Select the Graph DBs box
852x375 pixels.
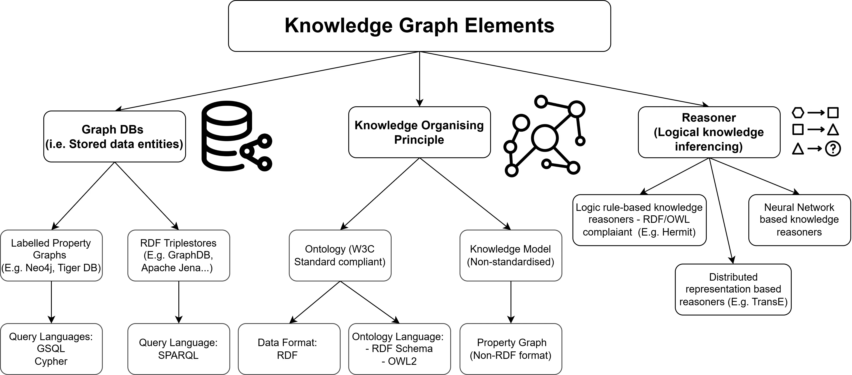(114, 136)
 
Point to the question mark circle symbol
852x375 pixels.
(833, 149)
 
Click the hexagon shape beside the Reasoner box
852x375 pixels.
(798, 112)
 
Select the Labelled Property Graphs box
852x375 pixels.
(51, 255)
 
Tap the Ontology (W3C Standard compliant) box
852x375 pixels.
(340, 255)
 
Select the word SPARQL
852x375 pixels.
(178, 355)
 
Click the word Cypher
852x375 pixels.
(51, 361)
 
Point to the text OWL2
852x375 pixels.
(402, 361)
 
